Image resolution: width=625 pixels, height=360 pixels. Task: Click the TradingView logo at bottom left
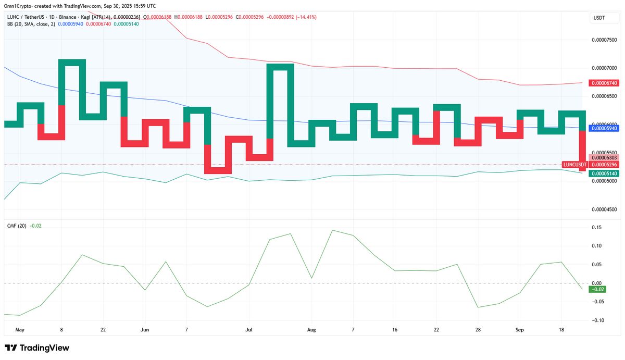tap(37, 348)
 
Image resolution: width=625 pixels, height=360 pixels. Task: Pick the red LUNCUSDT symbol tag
tap(575, 165)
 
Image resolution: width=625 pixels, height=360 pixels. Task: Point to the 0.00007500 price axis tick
tap(606, 40)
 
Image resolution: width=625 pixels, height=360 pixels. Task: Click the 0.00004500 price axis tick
tap(606, 209)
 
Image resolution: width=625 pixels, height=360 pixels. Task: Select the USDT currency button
tap(598, 18)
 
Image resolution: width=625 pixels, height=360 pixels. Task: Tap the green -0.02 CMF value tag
tap(596, 289)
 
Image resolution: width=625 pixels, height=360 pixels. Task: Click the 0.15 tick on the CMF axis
tap(596, 227)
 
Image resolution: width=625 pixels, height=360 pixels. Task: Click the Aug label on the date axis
tap(311, 330)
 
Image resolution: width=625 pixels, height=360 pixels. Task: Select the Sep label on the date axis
tap(519, 330)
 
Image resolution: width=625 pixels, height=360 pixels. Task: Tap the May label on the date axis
tap(20, 330)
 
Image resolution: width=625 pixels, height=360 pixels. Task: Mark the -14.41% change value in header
tap(306, 17)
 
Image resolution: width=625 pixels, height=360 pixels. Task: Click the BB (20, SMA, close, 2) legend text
tap(30, 24)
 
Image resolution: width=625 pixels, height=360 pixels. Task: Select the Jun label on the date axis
tap(145, 330)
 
